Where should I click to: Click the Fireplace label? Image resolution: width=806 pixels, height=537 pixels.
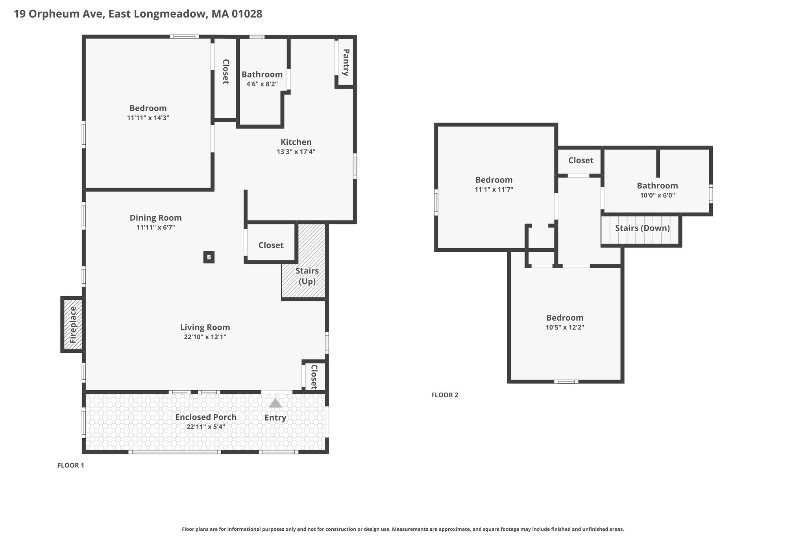point(73,325)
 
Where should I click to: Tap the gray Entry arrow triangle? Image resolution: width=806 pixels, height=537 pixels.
point(275,403)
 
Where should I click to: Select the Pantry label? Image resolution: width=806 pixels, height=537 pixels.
point(346,62)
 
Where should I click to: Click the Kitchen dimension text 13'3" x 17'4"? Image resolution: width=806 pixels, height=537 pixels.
point(296,151)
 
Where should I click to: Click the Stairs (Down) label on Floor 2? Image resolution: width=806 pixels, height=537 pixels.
point(642,228)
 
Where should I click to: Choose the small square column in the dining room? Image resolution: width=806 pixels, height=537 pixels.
point(209,257)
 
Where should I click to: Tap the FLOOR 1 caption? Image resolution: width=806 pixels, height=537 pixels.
point(71,465)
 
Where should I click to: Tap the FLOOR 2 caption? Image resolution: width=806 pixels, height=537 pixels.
point(445,395)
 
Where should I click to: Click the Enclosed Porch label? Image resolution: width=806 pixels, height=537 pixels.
point(206,417)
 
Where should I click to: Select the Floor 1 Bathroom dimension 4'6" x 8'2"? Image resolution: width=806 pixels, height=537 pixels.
point(262,84)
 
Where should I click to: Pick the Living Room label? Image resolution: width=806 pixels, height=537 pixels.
point(205,327)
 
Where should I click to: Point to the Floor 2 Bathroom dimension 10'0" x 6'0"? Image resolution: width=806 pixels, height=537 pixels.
point(658,195)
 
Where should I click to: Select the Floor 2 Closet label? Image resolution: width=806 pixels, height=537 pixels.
point(581,161)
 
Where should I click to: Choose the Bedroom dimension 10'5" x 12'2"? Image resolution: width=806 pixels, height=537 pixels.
point(565,327)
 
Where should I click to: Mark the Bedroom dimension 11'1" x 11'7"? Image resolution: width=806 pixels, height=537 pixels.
point(494,190)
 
